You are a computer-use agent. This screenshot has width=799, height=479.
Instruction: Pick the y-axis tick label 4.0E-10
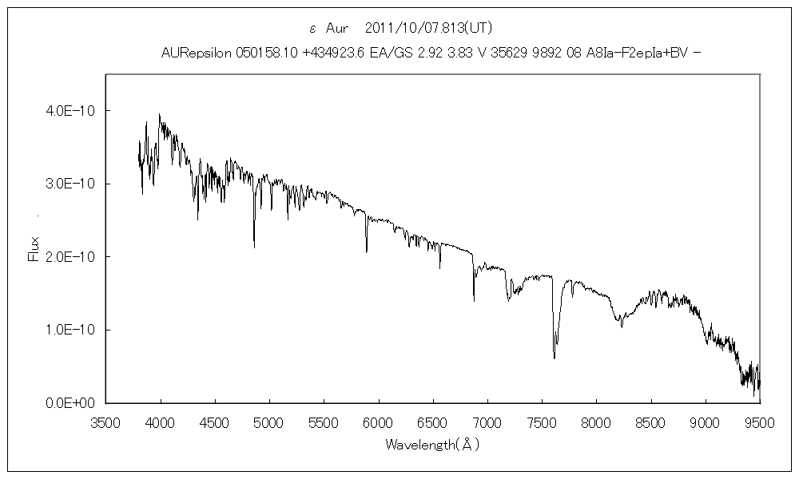coord(68,110)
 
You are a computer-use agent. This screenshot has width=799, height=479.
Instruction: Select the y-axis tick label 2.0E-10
coord(68,256)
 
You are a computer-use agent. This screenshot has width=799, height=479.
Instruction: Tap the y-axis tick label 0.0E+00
coord(68,403)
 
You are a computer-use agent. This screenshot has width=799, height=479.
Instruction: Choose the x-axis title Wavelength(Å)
coord(432,444)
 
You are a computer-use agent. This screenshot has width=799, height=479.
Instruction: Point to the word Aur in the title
coord(336,28)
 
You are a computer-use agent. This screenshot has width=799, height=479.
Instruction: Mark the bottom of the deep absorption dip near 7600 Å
coord(555,358)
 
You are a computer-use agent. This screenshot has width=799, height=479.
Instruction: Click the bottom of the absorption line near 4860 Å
coord(254,247)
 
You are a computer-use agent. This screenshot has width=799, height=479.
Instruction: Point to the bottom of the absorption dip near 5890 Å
coord(367,252)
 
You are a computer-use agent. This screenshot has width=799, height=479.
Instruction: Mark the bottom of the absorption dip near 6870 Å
coord(474,301)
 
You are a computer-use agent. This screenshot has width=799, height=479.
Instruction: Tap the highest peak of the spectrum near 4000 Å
coord(160,114)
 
